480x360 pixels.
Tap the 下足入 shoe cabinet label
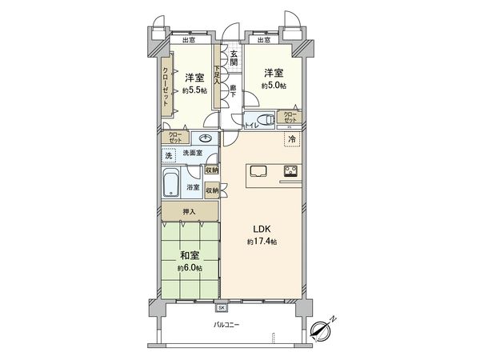pos(216,76)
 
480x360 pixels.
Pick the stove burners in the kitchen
pos(289,170)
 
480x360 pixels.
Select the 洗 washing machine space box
pos(169,155)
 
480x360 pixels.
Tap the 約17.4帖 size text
pos(262,241)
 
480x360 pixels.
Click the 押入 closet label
pos(189,211)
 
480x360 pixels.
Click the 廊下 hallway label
pos(233,90)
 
